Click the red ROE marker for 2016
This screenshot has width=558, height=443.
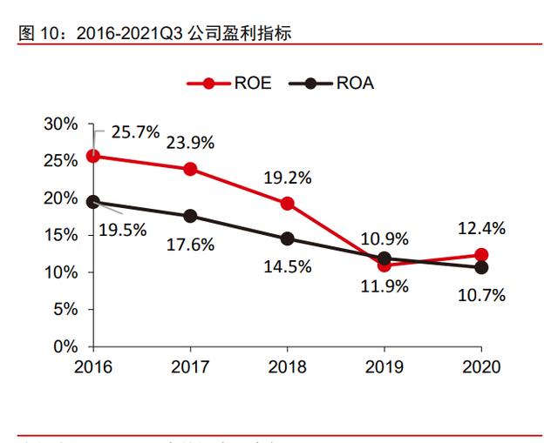point(92,156)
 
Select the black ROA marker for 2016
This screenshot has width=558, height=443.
point(92,202)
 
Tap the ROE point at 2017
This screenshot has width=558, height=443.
point(190,169)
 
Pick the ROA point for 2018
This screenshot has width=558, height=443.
point(287,238)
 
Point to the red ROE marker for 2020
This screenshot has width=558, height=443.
point(481,255)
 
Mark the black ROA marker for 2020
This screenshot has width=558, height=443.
point(481,267)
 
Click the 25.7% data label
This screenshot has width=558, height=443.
point(135,132)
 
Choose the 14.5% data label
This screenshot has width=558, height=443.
point(287,266)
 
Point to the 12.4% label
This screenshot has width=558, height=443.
point(481,229)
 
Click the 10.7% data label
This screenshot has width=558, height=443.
point(481,295)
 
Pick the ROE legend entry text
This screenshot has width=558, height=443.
point(252,84)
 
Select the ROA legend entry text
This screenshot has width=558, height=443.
point(355,84)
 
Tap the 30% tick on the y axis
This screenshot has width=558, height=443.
point(61,124)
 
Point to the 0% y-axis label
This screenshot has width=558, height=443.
point(65,346)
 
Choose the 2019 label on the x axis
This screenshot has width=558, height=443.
point(384,366)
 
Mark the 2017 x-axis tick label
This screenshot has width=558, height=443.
point(190,366)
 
